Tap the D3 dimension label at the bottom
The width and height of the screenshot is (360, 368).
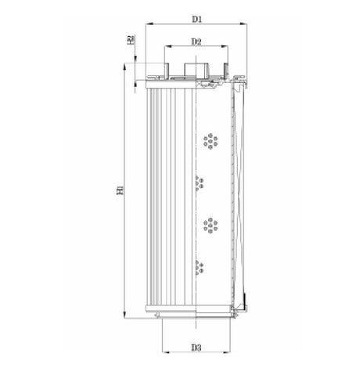196,347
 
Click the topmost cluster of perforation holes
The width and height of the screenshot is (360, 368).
211,141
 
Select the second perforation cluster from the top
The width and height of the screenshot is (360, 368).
199,183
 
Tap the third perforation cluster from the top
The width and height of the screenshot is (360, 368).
211,225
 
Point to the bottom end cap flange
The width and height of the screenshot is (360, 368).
196,316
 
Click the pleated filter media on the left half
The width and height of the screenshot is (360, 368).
165,196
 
